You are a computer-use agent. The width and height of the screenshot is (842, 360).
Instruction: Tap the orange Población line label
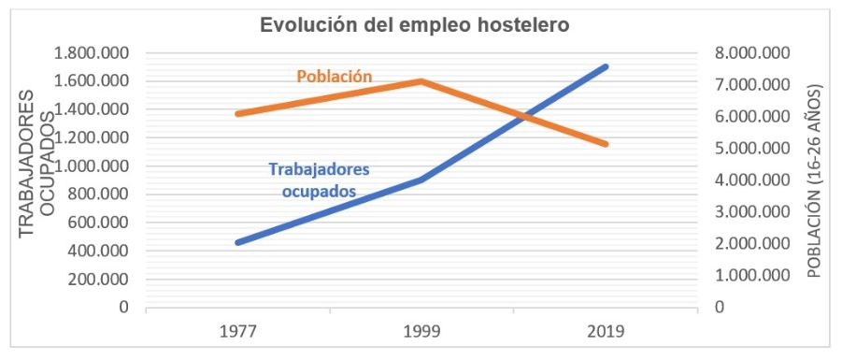point(335,76)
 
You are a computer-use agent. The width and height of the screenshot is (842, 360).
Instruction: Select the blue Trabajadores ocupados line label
point(319,180)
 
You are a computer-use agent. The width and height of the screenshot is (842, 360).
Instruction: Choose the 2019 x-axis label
point(605,330)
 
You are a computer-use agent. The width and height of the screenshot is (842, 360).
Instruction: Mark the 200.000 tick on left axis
point(100,279)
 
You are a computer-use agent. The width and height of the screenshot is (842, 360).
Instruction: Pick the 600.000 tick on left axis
point(100,223)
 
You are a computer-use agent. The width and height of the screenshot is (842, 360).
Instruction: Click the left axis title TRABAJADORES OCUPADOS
point(35,178)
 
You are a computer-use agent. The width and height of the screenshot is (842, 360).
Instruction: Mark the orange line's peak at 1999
point(421,81)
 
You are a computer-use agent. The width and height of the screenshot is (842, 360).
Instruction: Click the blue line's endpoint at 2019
point(606,66)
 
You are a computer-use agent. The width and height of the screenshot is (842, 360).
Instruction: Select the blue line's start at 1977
point(238,242)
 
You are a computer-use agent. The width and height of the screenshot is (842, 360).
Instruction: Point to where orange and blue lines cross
point(525,117)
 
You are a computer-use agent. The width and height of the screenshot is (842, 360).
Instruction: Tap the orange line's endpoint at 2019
point(606,144)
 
